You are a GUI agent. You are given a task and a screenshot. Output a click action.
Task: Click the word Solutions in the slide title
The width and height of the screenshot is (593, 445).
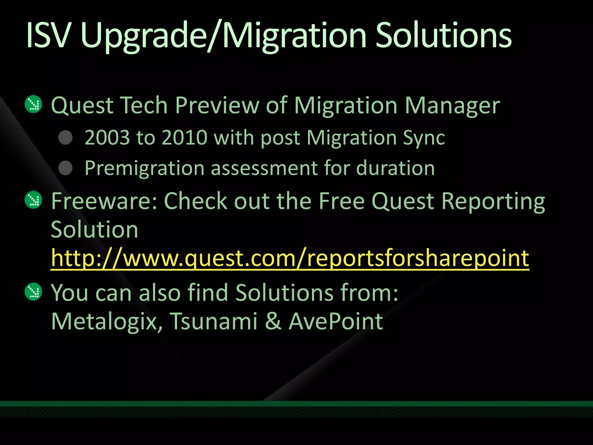pyautogui.click(x=443, y=35)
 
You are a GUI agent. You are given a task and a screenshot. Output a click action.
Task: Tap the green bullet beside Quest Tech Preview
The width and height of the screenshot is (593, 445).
pyautogui.click(x=34, y=104)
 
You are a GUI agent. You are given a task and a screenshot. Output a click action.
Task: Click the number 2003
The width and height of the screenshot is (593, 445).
pyautogui.click(x=107, y=137)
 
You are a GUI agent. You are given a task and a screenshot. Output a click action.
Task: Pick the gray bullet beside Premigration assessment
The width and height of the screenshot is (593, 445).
pyautogui.click(x=65, y=168)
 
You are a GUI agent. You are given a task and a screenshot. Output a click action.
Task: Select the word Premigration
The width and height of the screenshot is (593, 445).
pyautogui.click(x=144, y=169)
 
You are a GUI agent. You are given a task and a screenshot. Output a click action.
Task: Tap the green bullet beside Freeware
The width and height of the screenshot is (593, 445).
pyautogui.click(x=34, y=200)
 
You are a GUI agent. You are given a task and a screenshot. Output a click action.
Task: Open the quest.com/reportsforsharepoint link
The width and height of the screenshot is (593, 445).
pyautogui.click(x=290, y=258)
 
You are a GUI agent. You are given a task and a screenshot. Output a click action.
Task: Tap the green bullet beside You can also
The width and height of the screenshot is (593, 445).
pyautogui.click(x=34, y=292)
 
